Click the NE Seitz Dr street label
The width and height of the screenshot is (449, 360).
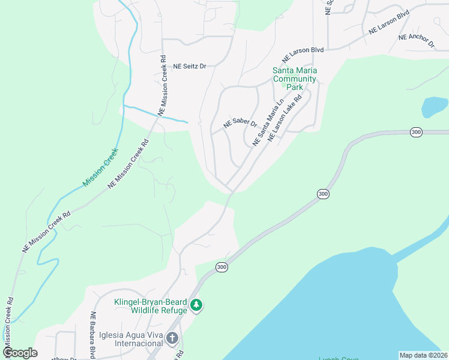click(190, 67)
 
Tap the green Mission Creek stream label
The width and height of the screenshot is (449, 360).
click(101, 167)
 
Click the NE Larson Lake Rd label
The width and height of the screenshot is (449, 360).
click(284, 121)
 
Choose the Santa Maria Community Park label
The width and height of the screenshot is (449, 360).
click(294, 79)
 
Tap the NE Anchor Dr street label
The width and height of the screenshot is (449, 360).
click(416, 41)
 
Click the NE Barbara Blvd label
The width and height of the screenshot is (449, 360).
click(93, 335)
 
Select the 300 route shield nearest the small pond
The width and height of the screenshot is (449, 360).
click(415, 131)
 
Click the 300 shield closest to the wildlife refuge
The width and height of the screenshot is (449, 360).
click(221, 267)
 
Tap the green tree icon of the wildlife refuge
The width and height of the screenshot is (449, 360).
click(196, 306)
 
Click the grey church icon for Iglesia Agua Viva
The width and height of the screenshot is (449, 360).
click(172, 338)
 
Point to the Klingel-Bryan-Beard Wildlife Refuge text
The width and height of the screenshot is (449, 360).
click(151, 306)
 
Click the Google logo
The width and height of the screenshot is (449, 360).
click(20, 353)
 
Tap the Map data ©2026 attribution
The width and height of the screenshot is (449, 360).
click(423, 355)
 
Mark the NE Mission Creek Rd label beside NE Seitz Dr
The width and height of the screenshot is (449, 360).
click(162, 85)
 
